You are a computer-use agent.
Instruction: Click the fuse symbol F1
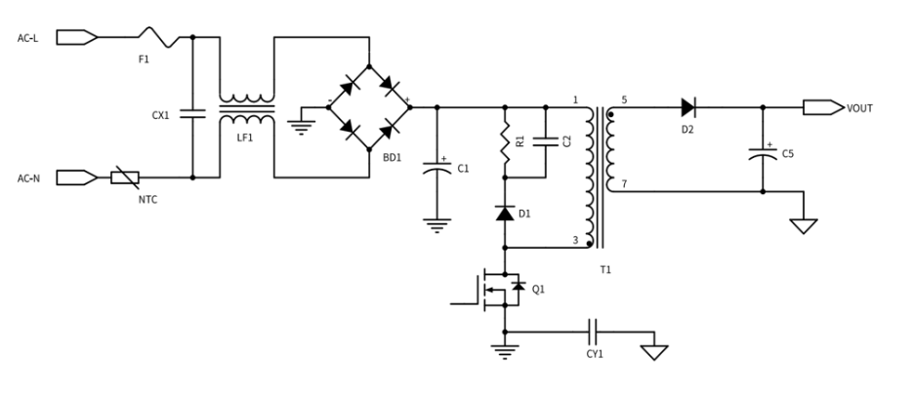(159, 37)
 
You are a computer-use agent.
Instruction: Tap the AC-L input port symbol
(76, 37)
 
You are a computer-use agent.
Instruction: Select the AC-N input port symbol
(76, 177)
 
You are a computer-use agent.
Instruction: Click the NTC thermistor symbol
(125, 177)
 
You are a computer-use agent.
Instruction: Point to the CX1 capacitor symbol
(193, 113)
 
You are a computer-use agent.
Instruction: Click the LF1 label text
(245, 138)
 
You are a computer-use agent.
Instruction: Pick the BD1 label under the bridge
(392, 158)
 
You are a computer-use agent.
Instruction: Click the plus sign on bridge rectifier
(407, 100)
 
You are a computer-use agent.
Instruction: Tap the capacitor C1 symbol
(437, 168)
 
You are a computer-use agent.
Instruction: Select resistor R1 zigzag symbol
(505, 141)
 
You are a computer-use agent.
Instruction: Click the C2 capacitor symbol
(546, 141)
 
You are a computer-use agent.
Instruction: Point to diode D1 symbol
(505, 214)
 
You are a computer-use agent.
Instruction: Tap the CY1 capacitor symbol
(595, 332)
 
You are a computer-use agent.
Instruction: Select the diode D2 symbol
(687, 107)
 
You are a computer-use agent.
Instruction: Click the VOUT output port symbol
(823, 107)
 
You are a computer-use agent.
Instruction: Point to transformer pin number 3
(575, 240)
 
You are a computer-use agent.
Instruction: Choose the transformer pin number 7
(624, 184)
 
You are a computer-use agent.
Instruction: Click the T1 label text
(605, 269)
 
